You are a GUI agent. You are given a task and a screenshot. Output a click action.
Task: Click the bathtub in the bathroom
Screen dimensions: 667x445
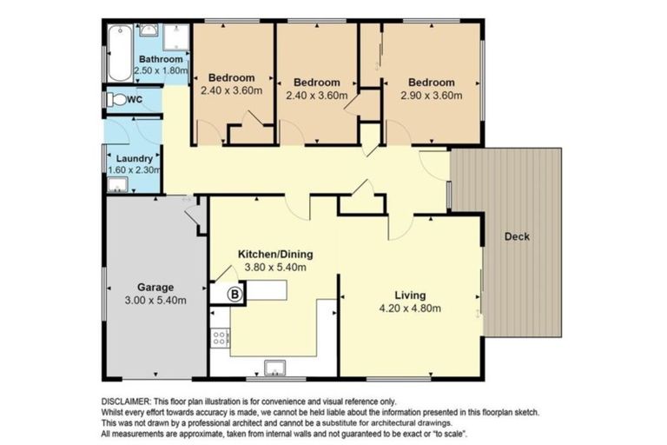pyautogui.click(x=120, y=53)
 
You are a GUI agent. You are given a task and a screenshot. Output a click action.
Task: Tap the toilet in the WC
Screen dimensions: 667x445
pyautogui.click(x=116, y=100)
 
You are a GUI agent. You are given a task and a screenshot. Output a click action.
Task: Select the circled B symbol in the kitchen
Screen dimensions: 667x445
pyautogui.click(x=234, y=295)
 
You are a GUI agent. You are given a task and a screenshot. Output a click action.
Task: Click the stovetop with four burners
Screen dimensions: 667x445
pyautogui.click(x=220, y=339)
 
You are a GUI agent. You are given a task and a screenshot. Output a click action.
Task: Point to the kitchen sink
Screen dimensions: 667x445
pyautogui.click(x=274, y=368)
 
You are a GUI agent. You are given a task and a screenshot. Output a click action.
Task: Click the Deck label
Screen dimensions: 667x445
pyautogui.click(x=517, y=236)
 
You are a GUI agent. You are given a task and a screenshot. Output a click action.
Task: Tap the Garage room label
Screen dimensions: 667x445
pyautogui.click(x=155, y=288)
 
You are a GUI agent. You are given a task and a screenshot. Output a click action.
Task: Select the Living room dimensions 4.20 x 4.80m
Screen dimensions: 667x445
pyautogui.click(x=410, y=308)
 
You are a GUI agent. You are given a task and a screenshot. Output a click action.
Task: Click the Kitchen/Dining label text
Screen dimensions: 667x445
pyautogui.click(x=275, y=255)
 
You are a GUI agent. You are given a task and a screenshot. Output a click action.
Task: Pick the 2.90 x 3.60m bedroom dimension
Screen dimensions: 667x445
pyautogui.click(x=432, y=96)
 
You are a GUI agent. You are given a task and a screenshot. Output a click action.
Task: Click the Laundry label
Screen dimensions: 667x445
pyautogui.click(x=135, y=158)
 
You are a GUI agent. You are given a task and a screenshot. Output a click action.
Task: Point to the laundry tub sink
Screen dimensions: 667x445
pyautogui.click(x=117, y=185)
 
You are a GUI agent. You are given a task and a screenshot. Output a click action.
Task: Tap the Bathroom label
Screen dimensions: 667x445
pyautogui.click(x=161, y=59)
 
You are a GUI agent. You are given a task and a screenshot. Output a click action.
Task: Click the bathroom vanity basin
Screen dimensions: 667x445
pyautogui.click(x=149, y=30)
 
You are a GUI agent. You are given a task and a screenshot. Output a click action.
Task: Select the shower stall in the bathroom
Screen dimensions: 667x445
pyautogui.click(x=175, y=38)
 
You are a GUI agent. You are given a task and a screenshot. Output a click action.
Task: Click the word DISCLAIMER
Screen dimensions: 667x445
pyautogui.click(x=126, y=402)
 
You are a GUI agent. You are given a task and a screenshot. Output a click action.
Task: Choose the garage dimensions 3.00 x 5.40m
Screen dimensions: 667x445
pyautogui.click(x=155, y=300)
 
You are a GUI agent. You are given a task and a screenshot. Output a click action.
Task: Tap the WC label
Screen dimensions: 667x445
pyautogui.click(x=135, y=100)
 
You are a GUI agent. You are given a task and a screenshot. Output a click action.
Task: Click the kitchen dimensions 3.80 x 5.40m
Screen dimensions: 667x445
pyautogui.click(x=275, y=268)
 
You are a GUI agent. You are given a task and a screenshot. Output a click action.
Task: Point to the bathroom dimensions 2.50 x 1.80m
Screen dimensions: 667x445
pyautogui.click(x=162, y=70)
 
